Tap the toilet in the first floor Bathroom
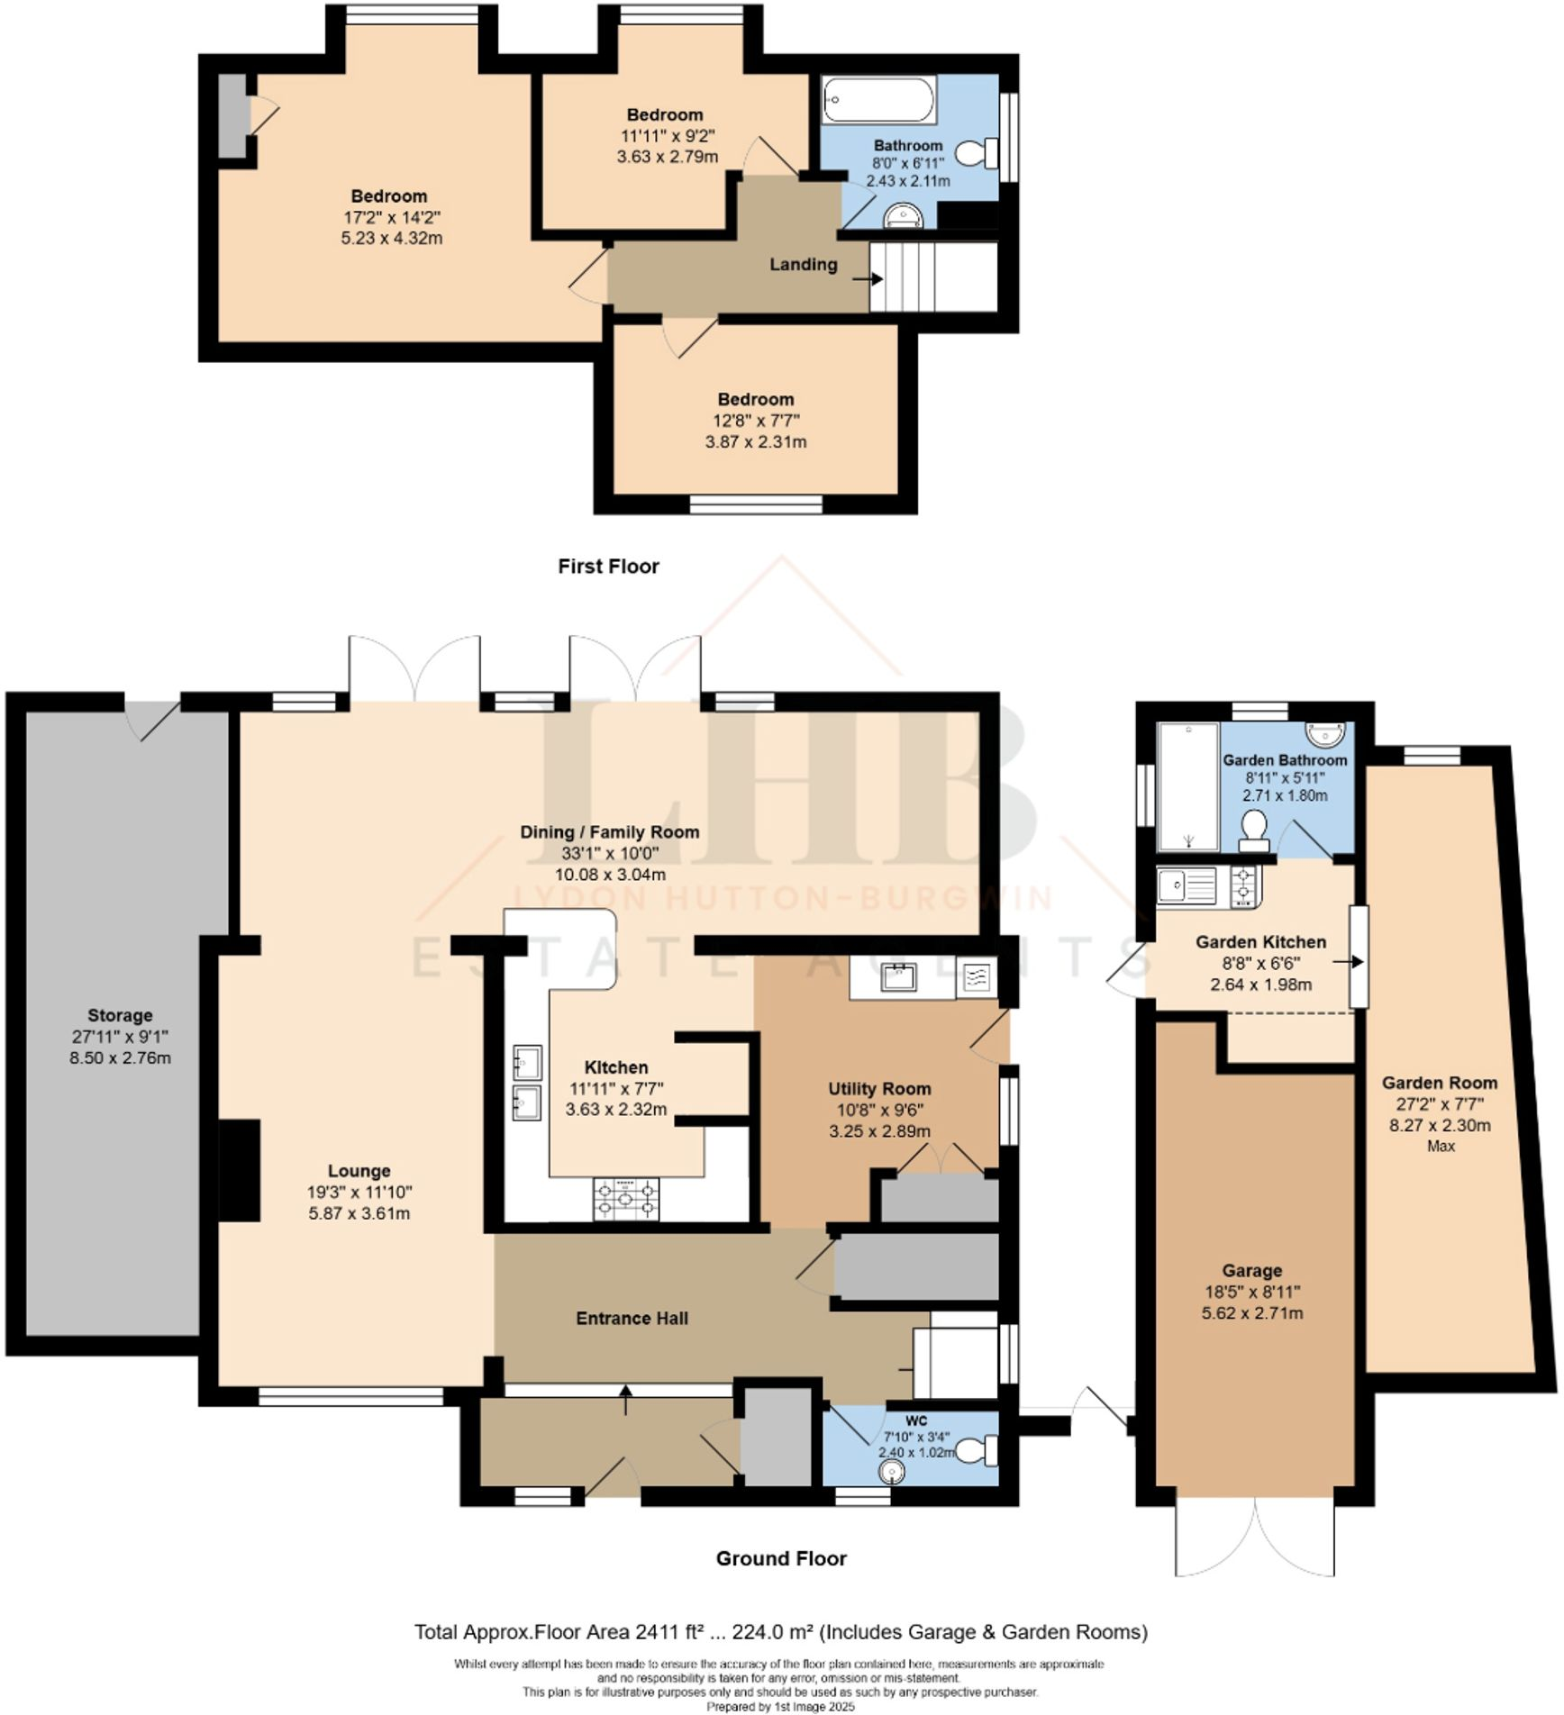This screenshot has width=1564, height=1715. (976, 153)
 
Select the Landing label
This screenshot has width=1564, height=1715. (803, 264)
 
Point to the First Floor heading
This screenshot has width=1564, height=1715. (608, 567)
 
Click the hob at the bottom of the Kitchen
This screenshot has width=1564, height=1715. (625, 1199)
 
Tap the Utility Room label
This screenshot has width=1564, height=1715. (879, 1088)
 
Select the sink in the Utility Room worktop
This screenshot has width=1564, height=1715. (898, 976)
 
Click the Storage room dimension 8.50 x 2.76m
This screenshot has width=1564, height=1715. (120, 1057)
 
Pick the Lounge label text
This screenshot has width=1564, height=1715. (359, 1171)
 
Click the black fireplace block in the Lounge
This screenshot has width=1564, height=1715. (240, 1170)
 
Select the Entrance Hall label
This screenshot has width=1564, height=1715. (632, 1318)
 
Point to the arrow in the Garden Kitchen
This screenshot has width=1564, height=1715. (1348, 962)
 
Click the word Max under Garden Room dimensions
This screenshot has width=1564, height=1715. (1441, 1146)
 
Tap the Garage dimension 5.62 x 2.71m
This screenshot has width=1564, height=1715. (1251, 1312)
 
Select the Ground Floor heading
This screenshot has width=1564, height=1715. (781, 1558)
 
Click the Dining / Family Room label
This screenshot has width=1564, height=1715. (610, 832)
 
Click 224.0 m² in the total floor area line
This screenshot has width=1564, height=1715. (773, 1632)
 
